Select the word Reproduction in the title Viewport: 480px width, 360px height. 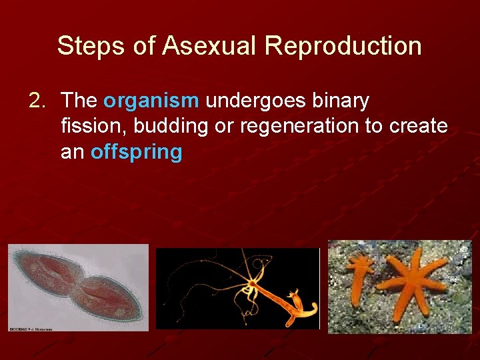(343, 46)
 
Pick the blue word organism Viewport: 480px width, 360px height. (151, 101)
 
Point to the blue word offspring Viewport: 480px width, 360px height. (136, 152)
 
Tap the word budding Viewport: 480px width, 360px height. (171, 126)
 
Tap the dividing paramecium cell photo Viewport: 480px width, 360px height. (78, 287)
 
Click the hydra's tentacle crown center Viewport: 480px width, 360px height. (252, 285)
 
